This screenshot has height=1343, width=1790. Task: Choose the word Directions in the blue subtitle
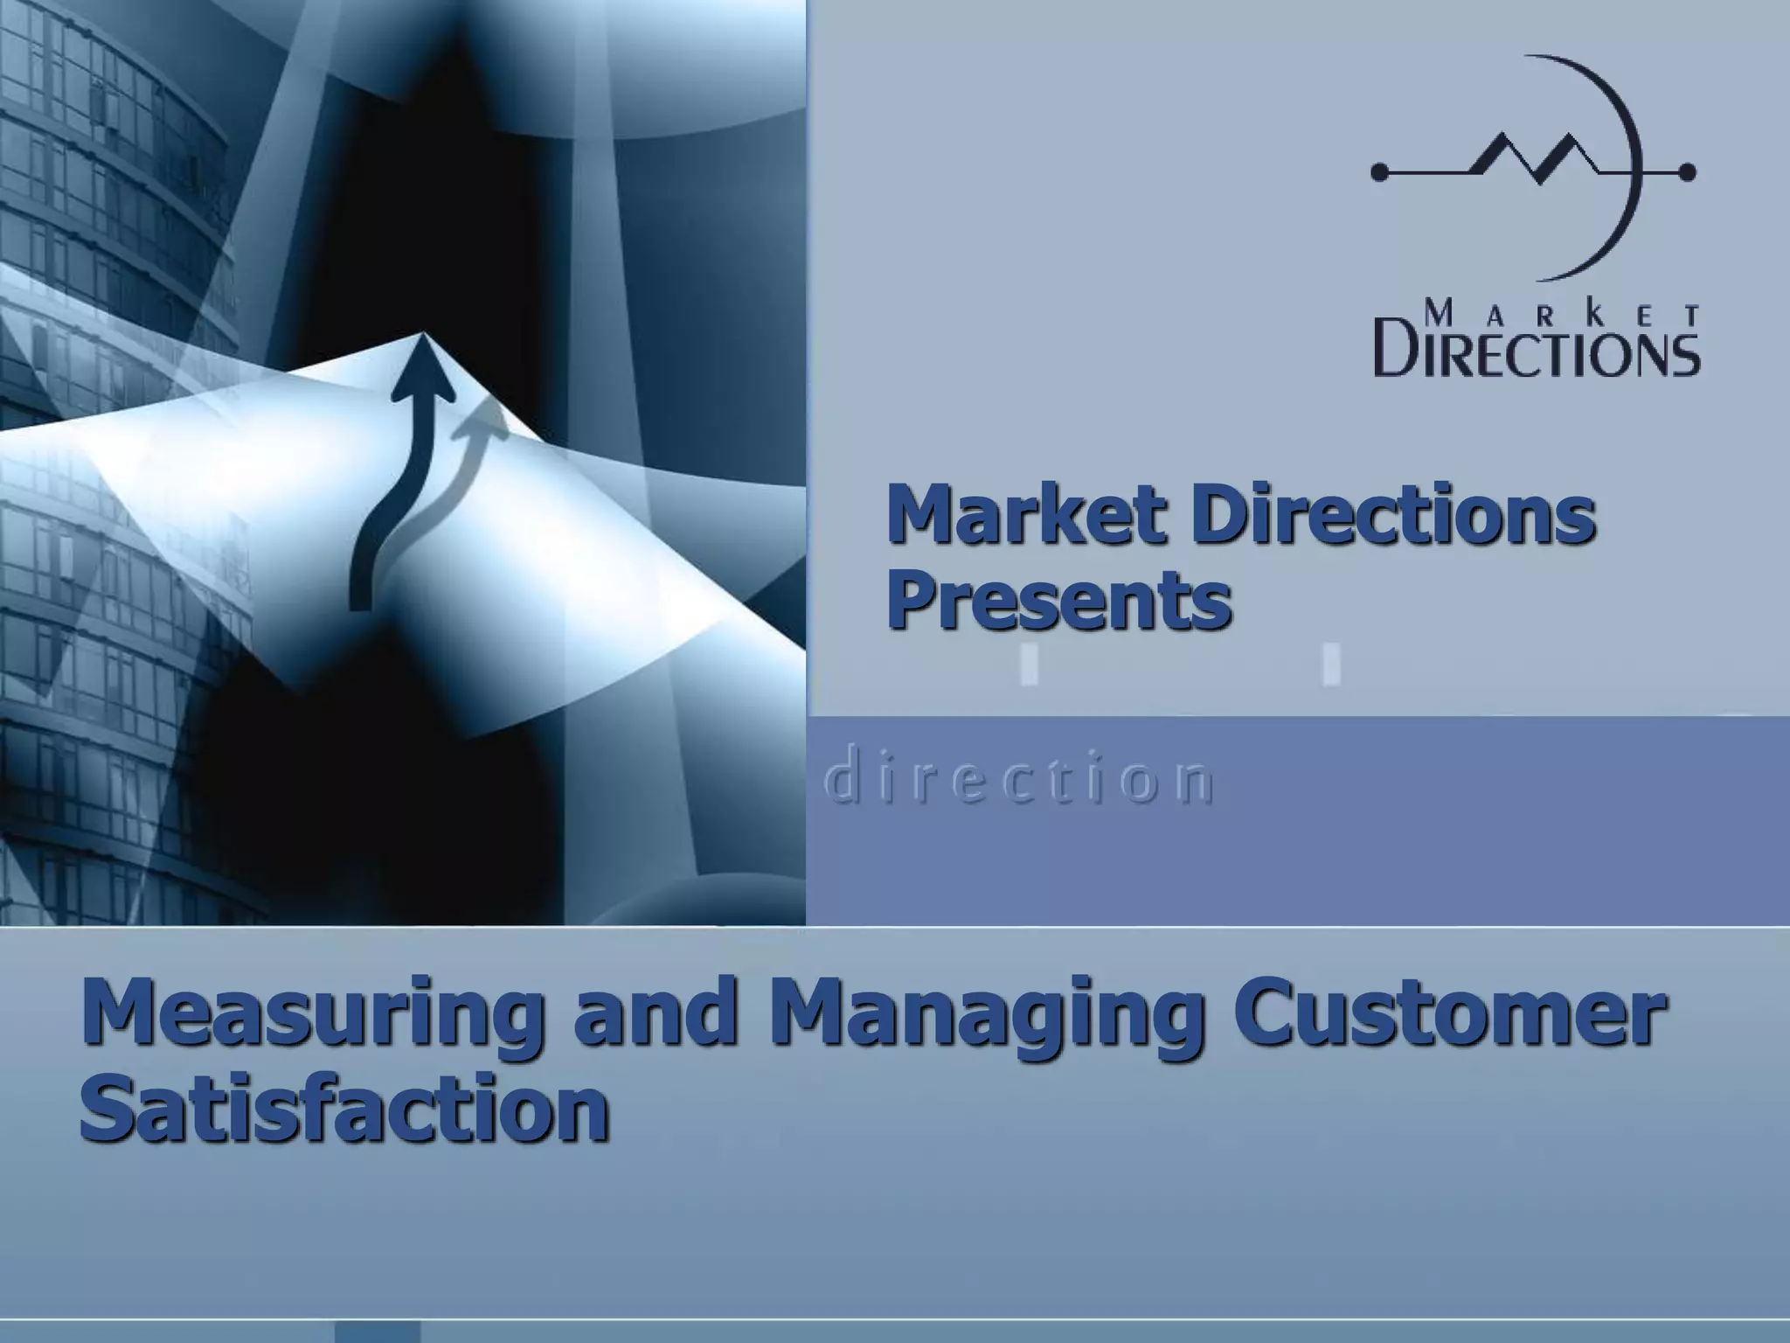[1397, 515]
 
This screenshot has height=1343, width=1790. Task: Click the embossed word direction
[1019, 781]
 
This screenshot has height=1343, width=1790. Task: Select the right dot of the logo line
[1688, 172]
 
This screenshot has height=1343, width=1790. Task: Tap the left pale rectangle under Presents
[1030, 664]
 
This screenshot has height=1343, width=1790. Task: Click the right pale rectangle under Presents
[1331, 664]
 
